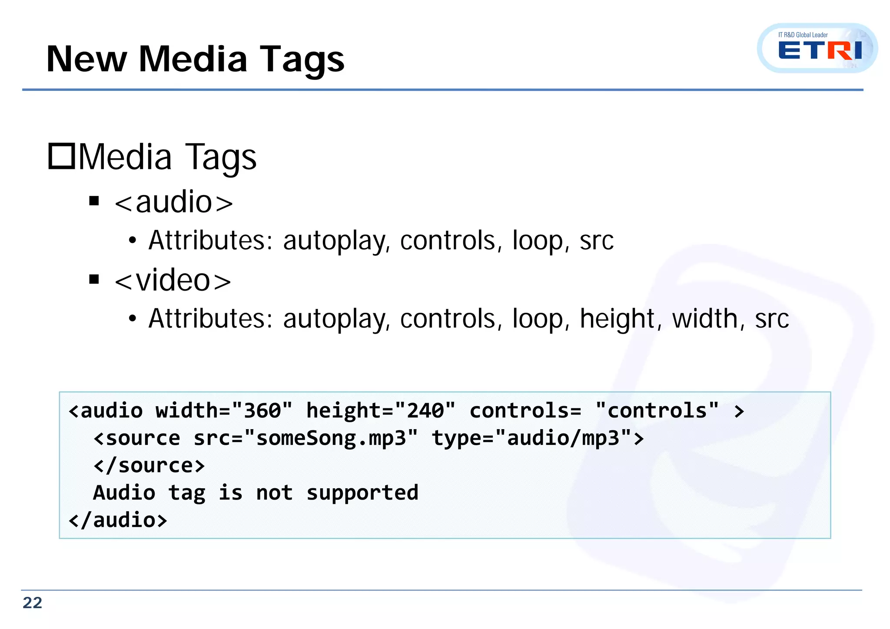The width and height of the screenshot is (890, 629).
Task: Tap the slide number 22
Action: [x=32, y=603]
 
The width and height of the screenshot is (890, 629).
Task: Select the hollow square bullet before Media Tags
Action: [x=61, y=156]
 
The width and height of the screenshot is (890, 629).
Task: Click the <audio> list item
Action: [x=173, y=202]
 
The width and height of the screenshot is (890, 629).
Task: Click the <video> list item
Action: [x=173, y=281]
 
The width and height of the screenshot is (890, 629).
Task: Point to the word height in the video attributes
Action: [x=617, y=319]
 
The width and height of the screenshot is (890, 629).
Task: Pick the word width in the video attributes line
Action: [x=704, y=319]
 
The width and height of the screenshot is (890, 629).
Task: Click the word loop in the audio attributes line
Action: [x=537, y=241]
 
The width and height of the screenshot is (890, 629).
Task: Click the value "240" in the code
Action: [x=425, y=411]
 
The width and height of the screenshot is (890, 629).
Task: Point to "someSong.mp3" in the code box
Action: [x=331, y=438]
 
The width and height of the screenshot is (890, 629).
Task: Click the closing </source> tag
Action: [x=149, y=466]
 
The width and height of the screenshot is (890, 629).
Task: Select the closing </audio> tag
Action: [x=118, y=520]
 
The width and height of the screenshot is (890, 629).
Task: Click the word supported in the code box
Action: [x=362, y=493]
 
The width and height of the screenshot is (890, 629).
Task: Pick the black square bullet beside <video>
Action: [x=94, y=279]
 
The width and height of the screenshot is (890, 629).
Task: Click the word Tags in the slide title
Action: [x=302, y=60]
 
